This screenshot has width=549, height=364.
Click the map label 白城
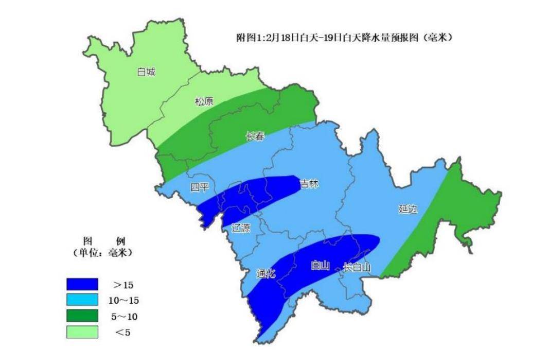pos(146,72)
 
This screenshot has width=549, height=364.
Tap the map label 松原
pos(204,101)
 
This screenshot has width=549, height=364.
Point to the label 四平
pos(199,187)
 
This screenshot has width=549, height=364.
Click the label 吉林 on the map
pos(309,184)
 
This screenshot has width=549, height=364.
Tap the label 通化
pos(265,274)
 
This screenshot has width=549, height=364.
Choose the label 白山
pos(320,266)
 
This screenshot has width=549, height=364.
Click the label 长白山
pos(357,267)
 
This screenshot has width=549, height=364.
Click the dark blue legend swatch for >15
pos(82,284)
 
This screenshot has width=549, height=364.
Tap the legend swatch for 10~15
pos(82,299)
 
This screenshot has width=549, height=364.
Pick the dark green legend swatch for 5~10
pos(82,316)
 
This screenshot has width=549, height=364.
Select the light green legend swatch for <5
pos(82,332)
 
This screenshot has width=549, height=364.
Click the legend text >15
pos(123,284)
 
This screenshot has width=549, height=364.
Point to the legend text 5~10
pos(123,316)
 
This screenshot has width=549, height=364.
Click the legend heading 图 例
pos(102,241)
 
